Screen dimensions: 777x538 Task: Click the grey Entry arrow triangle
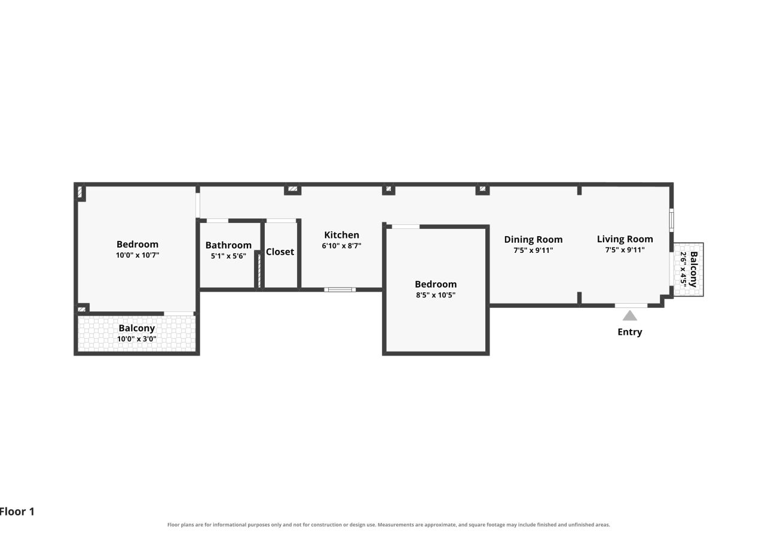629,315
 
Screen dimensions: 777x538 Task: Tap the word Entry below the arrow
629,332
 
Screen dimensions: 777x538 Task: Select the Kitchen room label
341,235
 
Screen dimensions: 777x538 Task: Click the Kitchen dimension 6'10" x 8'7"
341,246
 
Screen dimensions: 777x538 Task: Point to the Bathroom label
228,245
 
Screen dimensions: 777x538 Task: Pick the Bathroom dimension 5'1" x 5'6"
228,256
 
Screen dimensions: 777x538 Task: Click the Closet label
280,252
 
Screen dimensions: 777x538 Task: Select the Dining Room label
533,239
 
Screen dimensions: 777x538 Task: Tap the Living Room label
625,239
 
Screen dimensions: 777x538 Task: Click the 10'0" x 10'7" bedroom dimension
137,255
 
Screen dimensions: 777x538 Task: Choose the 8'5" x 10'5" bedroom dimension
436,295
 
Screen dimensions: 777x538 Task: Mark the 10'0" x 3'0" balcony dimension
137,339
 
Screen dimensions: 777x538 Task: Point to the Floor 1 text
17,512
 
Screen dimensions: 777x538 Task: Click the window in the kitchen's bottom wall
340,290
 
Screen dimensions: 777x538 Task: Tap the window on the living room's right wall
672,220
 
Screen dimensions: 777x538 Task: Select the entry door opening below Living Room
631,305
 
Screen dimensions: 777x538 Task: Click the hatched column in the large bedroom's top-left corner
79,192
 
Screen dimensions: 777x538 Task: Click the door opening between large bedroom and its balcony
179,314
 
